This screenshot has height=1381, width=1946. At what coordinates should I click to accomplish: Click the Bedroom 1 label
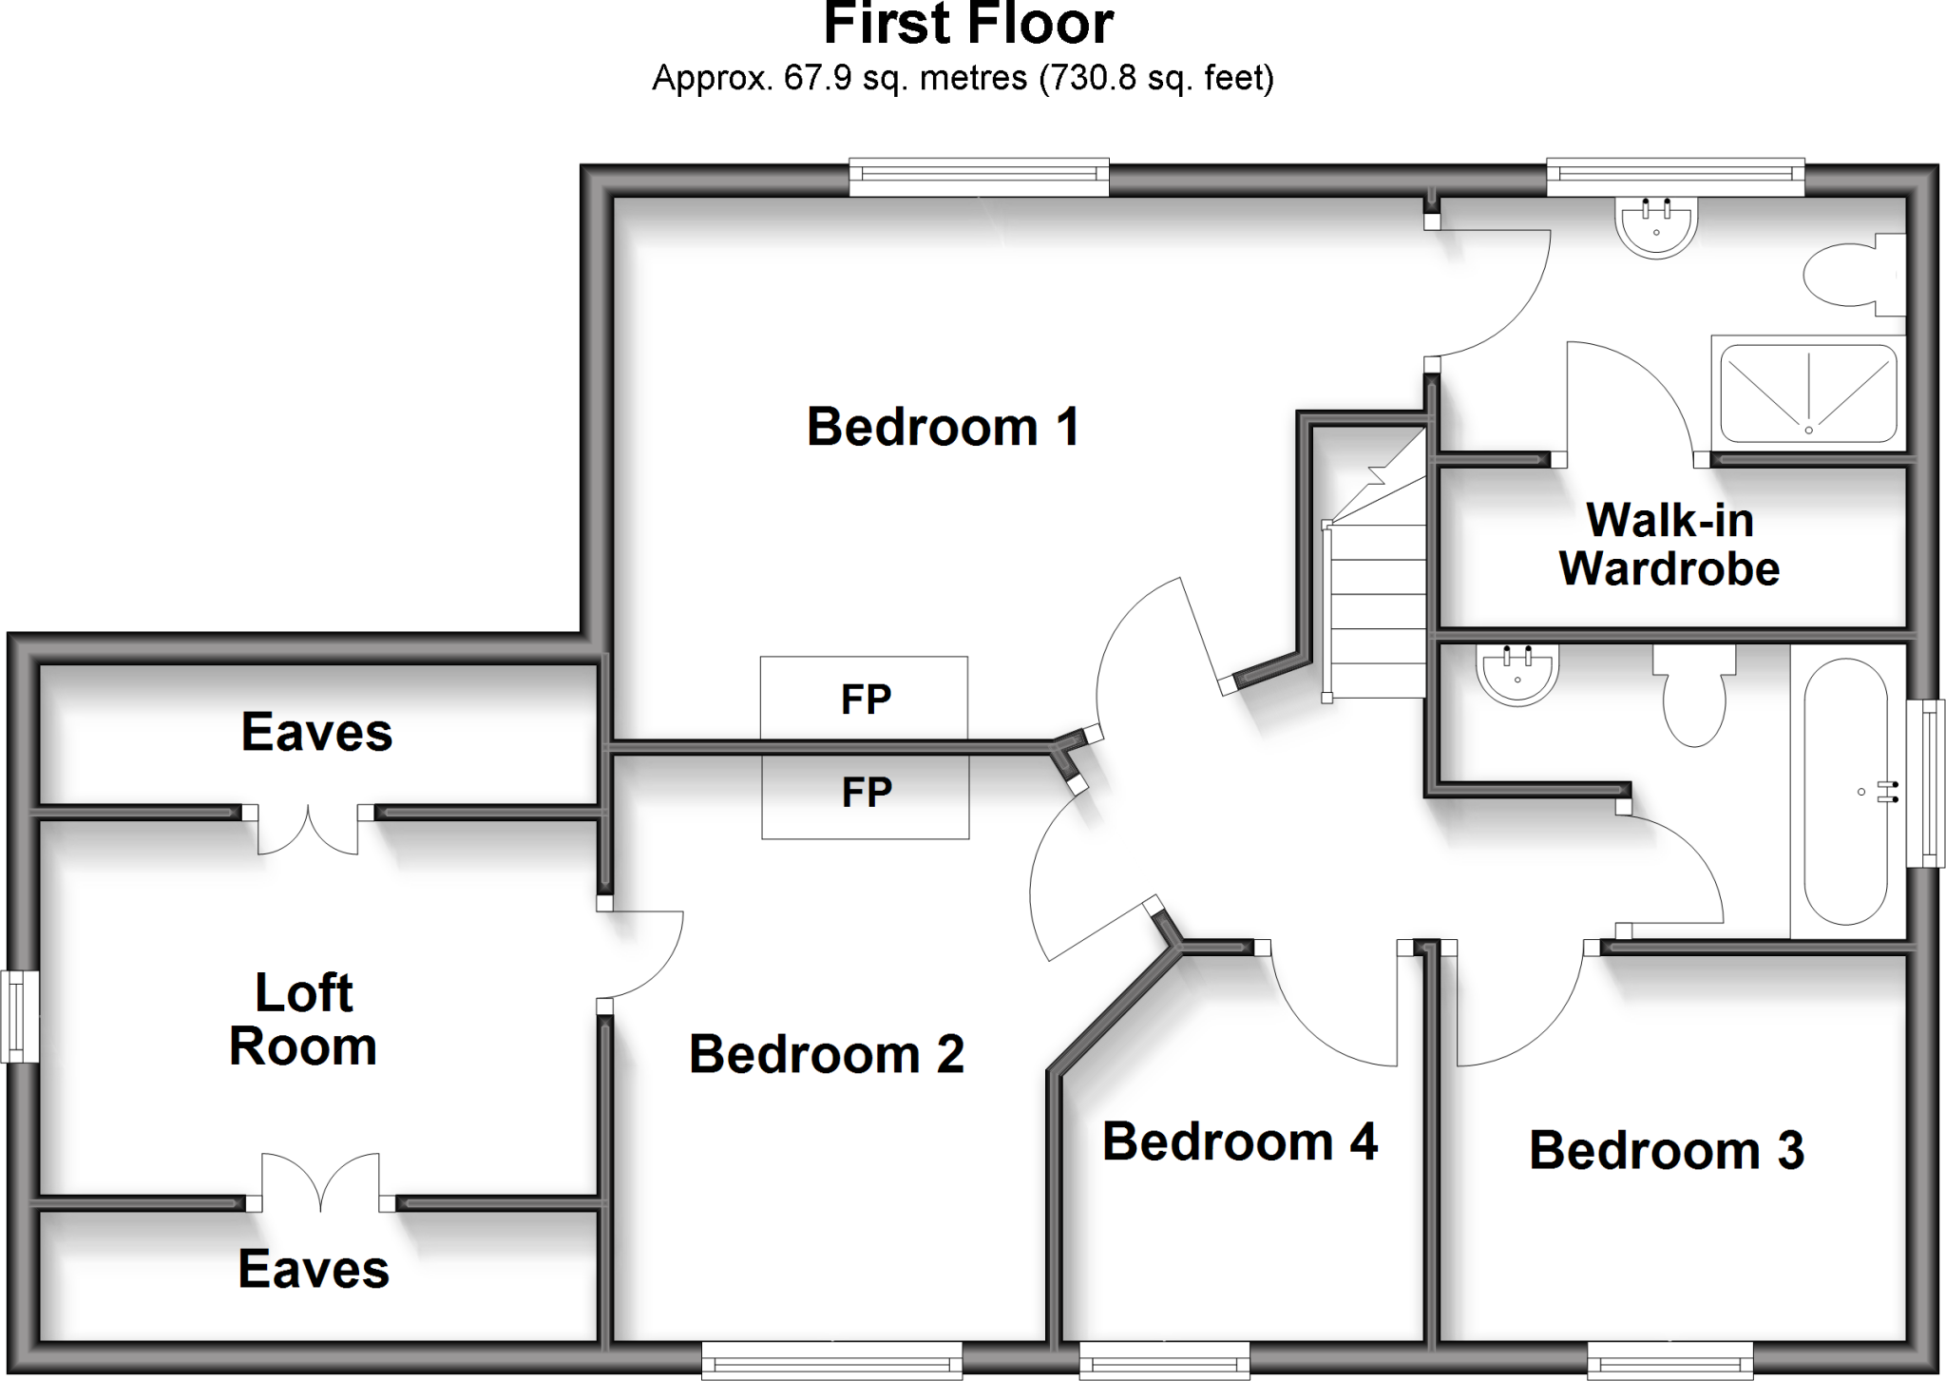[943, 427]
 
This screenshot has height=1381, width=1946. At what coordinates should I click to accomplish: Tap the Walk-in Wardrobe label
[1669, 545]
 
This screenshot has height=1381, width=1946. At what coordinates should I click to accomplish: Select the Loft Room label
[303, 1020]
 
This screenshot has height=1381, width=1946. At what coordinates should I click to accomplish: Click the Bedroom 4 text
[1239, 1141]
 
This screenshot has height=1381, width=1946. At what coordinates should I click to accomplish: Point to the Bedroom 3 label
[1666, 1150]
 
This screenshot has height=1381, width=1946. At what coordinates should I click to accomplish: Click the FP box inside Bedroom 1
[864, 699]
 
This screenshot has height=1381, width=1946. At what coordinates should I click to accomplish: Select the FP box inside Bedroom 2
[866, 794]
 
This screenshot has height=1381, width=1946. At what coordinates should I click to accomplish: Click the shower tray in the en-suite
[1808, 393]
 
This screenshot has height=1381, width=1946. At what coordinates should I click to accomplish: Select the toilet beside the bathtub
[1693, 699]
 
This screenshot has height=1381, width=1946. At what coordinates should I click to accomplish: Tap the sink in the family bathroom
[1517, 674]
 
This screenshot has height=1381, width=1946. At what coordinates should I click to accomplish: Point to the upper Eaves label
[316, 733]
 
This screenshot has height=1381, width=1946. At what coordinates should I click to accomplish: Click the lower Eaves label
[314, 1270]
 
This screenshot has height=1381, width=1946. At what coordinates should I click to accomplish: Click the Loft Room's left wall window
[19, 1015]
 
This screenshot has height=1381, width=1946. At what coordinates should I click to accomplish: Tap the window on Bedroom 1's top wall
[979, 178]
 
